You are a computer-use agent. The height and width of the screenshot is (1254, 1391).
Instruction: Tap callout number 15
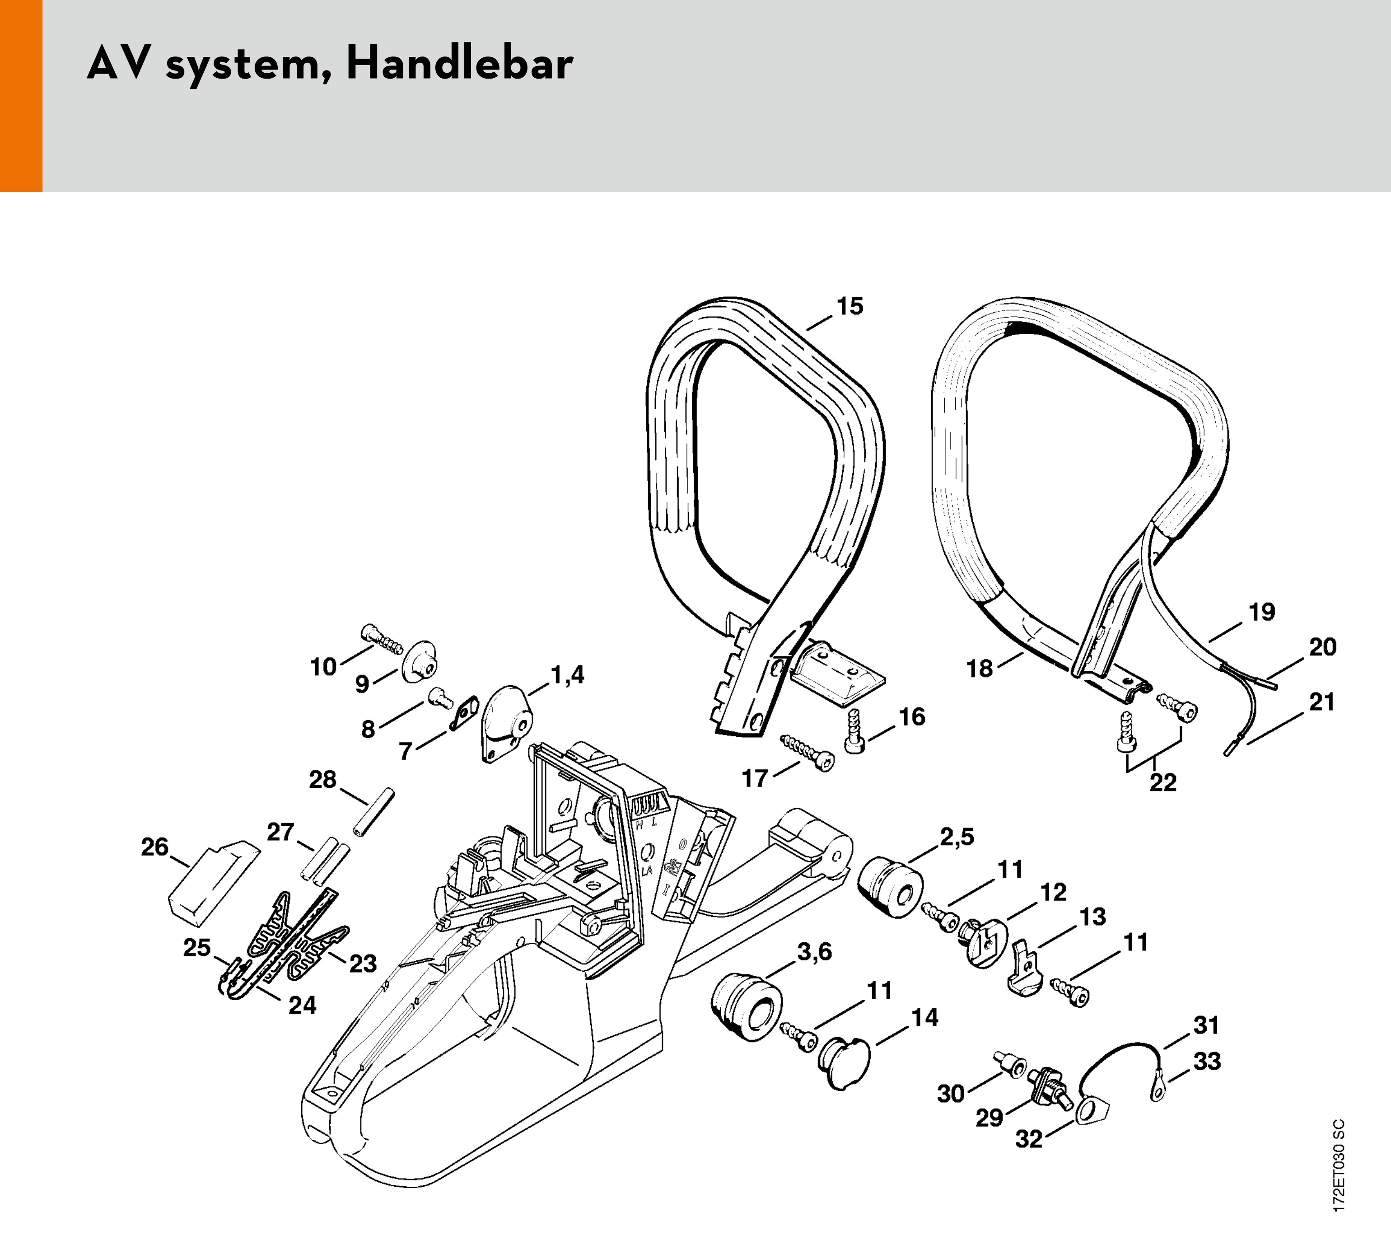(850, 306)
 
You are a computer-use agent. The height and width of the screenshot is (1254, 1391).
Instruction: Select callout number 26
(154, 847)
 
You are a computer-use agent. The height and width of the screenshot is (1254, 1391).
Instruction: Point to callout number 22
(1163, 783)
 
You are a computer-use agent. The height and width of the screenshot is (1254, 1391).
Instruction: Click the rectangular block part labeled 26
(212, 880)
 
